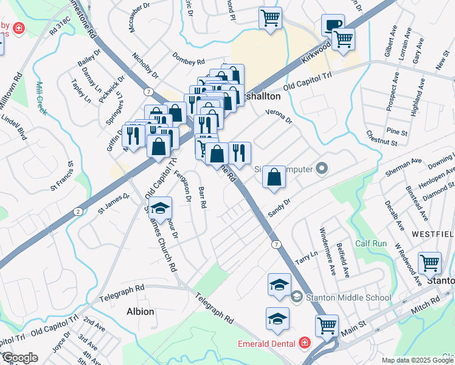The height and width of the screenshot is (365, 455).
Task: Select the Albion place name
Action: [140, 311]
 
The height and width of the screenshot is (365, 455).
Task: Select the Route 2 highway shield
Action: [77, 211]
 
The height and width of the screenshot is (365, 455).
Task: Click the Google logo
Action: [19, 358]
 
